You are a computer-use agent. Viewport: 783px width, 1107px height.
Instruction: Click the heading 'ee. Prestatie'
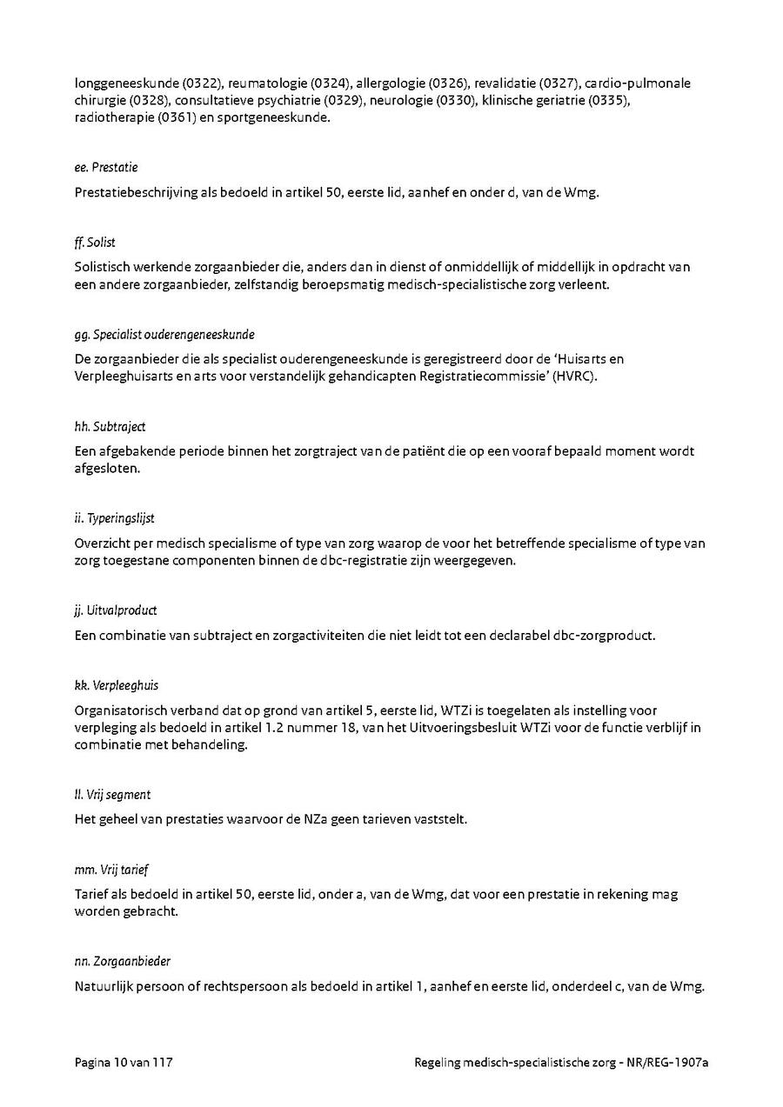(106, 167)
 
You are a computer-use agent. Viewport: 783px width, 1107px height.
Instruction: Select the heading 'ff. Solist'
(95, 242)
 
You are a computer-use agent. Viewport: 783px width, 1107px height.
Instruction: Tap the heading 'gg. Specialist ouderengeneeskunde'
(164, 334)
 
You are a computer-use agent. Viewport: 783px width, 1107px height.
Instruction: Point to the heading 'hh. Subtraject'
(110, 426)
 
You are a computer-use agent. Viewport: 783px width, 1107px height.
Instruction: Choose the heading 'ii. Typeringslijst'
(115, 518)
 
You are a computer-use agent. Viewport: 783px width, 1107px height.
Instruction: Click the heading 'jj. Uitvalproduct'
(116, 610)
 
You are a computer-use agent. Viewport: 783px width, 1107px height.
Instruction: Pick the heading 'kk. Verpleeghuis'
(117, 685)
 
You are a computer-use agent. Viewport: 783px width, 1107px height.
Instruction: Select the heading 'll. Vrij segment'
(112, 795)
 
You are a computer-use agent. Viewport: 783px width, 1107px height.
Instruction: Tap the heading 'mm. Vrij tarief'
(111, 870)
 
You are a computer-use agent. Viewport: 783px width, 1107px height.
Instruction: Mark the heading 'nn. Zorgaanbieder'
(123, 961)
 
